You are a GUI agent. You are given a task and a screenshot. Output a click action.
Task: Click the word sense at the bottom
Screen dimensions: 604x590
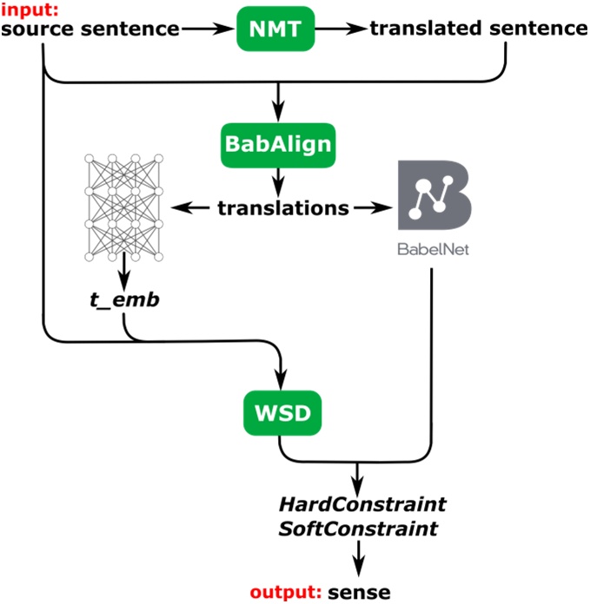click(359, 593)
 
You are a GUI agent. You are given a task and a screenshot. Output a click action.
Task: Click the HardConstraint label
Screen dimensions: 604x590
click(361, 504)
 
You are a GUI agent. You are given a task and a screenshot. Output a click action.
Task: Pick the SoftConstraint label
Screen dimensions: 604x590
click(358, 528)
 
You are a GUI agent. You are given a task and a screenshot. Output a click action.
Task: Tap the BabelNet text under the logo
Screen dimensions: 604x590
click(431, 252)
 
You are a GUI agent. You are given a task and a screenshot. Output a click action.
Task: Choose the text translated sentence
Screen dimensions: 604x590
click(479, 29)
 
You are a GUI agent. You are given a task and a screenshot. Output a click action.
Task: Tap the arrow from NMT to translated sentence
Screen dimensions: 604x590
click(341, 29)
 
